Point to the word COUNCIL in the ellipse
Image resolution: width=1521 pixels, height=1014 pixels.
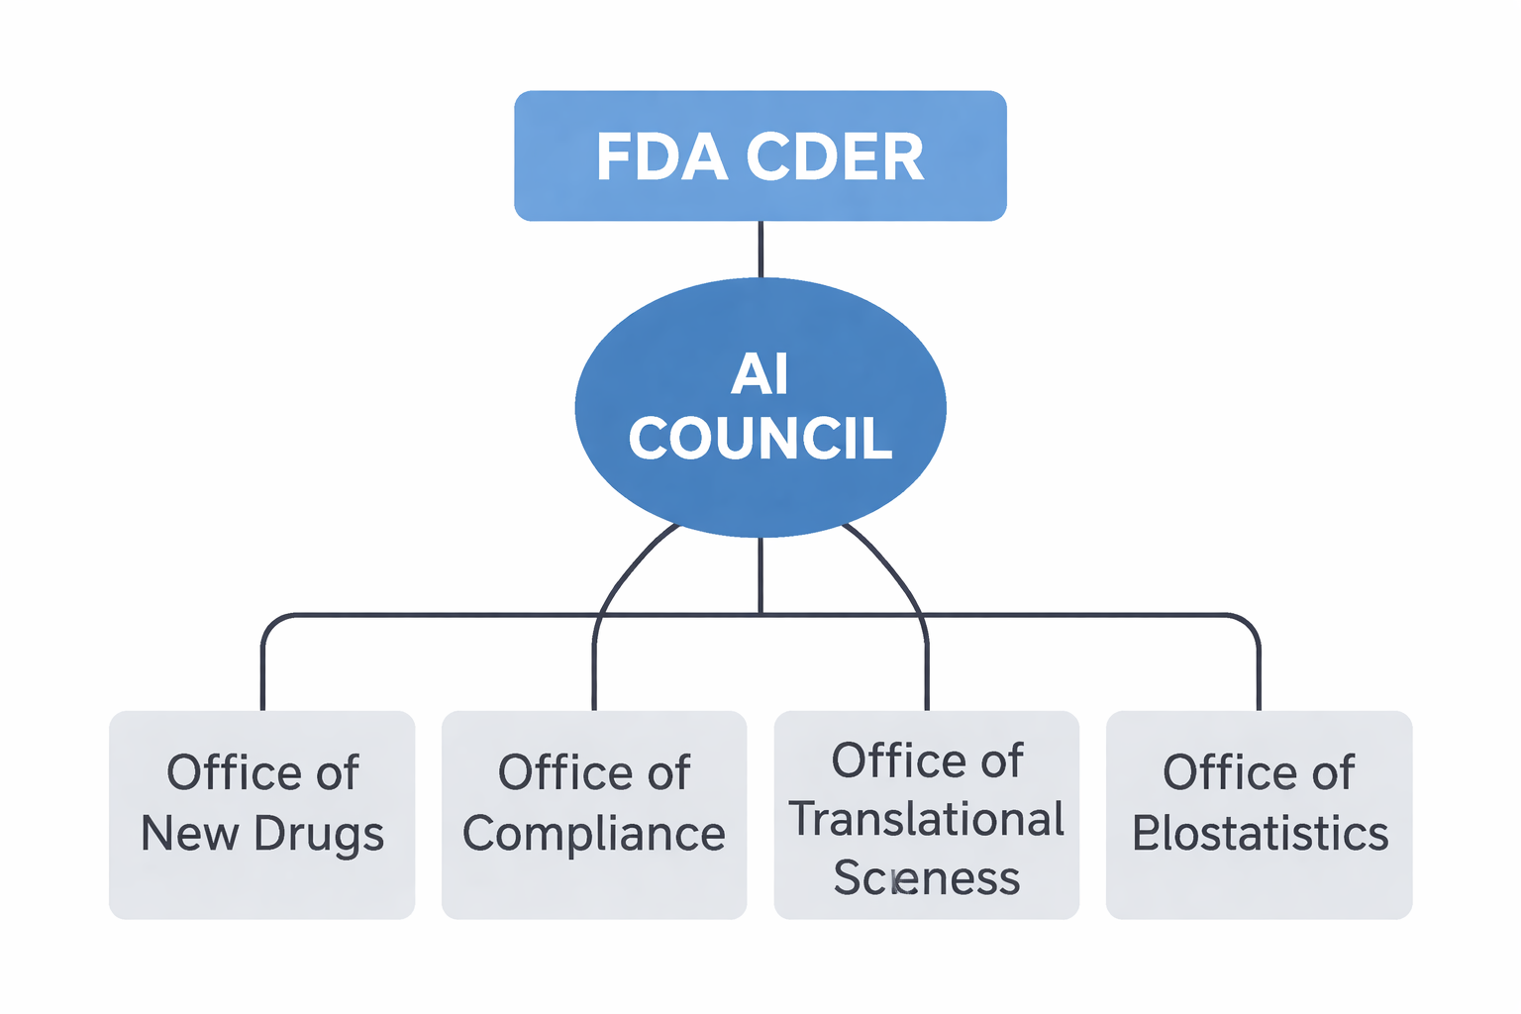760,439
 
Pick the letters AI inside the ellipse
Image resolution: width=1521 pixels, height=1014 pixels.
760,374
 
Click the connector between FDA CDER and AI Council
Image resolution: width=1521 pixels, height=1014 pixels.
760,249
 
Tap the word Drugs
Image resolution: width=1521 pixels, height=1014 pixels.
318,835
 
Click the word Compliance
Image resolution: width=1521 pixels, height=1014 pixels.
593,835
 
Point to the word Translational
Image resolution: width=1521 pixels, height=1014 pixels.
926,820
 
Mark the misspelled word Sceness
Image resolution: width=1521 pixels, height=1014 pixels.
926,878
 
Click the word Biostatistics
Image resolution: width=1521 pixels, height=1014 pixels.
1260,834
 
